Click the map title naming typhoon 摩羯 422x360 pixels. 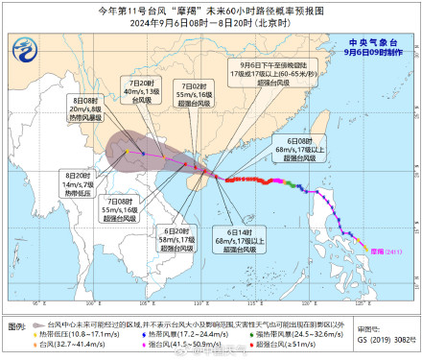tap(211, 10)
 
